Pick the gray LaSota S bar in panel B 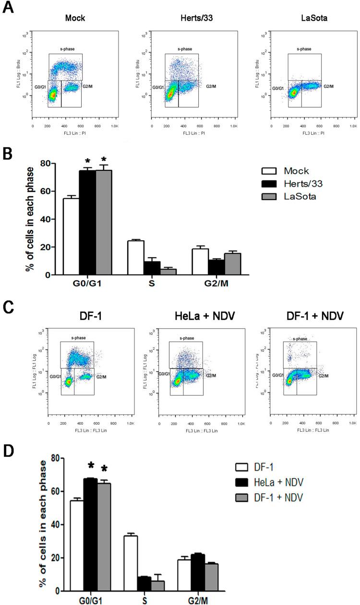[168, 272]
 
